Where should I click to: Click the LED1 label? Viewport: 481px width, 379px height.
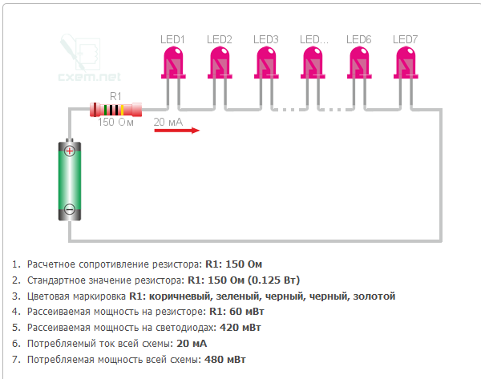pos(172,39)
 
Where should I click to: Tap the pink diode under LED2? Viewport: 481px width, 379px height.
pos(220,62)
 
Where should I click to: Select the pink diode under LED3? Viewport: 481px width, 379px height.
pos(266,62)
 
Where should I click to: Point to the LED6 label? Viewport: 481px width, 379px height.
pos(358,39)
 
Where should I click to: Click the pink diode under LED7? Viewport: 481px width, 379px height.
pos(406,62)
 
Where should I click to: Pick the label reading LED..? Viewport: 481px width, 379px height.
pos(313,39)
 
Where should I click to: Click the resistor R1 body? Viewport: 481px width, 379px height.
pos(115,110)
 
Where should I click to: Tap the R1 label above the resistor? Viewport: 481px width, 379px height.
pos(115,97)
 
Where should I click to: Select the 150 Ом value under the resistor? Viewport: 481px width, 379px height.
pos(115,123)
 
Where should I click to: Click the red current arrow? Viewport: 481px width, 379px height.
pos(176,131)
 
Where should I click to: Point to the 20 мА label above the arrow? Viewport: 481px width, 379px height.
pos(168,122)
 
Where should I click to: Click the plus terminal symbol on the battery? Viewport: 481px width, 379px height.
pos(70,151)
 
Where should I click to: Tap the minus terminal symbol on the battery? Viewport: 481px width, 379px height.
pos(70,209)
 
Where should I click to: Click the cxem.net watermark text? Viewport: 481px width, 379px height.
pos(90,77)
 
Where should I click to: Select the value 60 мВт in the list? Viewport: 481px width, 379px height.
pos(247,312)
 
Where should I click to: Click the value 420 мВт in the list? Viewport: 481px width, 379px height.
pos(240,328)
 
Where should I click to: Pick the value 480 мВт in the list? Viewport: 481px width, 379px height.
pos(225,360)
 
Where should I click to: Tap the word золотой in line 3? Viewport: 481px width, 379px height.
pos(374,296)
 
